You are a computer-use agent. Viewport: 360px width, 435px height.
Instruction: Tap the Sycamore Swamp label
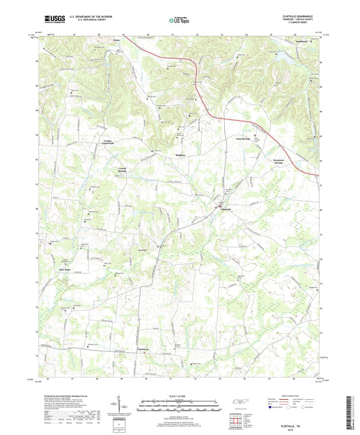283,163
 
